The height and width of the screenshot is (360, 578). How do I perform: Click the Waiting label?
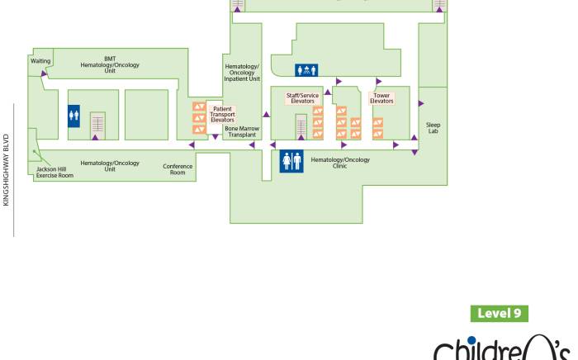pyautogui.click(x=40, y=61)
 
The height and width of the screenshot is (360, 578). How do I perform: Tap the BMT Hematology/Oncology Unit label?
pyautogui.click(x=110, y=64)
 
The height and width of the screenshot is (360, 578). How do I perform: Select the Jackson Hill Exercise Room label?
pyautogui.click(x=54, y=172)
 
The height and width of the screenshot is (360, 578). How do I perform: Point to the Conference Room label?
pyautogui.click(x=178, y=169)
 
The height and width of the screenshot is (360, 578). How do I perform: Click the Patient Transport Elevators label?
pyautogui.click(x=222, y=113)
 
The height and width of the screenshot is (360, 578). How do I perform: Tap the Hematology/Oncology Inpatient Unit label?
pyautogui.click(x=243, y=73)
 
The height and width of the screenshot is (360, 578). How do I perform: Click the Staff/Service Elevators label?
pyautogui.click(x=302, y=98)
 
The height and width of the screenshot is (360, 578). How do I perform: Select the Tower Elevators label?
pyautogui.click(x=381, y=98)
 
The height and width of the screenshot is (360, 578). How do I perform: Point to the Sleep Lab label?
pyautogui.click(x=433, y=128)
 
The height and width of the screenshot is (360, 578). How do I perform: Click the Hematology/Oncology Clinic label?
pyautogui.click(x=340, y=163)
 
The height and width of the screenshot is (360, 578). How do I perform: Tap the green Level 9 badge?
pyautogui.click(x=500, y=314)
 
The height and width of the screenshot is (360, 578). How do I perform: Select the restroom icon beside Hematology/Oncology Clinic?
pyautogui.click(x=291, y=161)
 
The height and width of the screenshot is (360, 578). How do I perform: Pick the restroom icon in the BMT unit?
pyautogui.click(x=73, y=116)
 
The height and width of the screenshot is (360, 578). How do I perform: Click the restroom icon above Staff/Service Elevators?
pyautogui.click(x=306, y=70)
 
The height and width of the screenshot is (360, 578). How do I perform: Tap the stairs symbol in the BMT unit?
pyautogui.click(x=98, y=123)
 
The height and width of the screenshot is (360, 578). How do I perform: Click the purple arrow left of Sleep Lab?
pyautogui.click(x=420, y=104)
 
